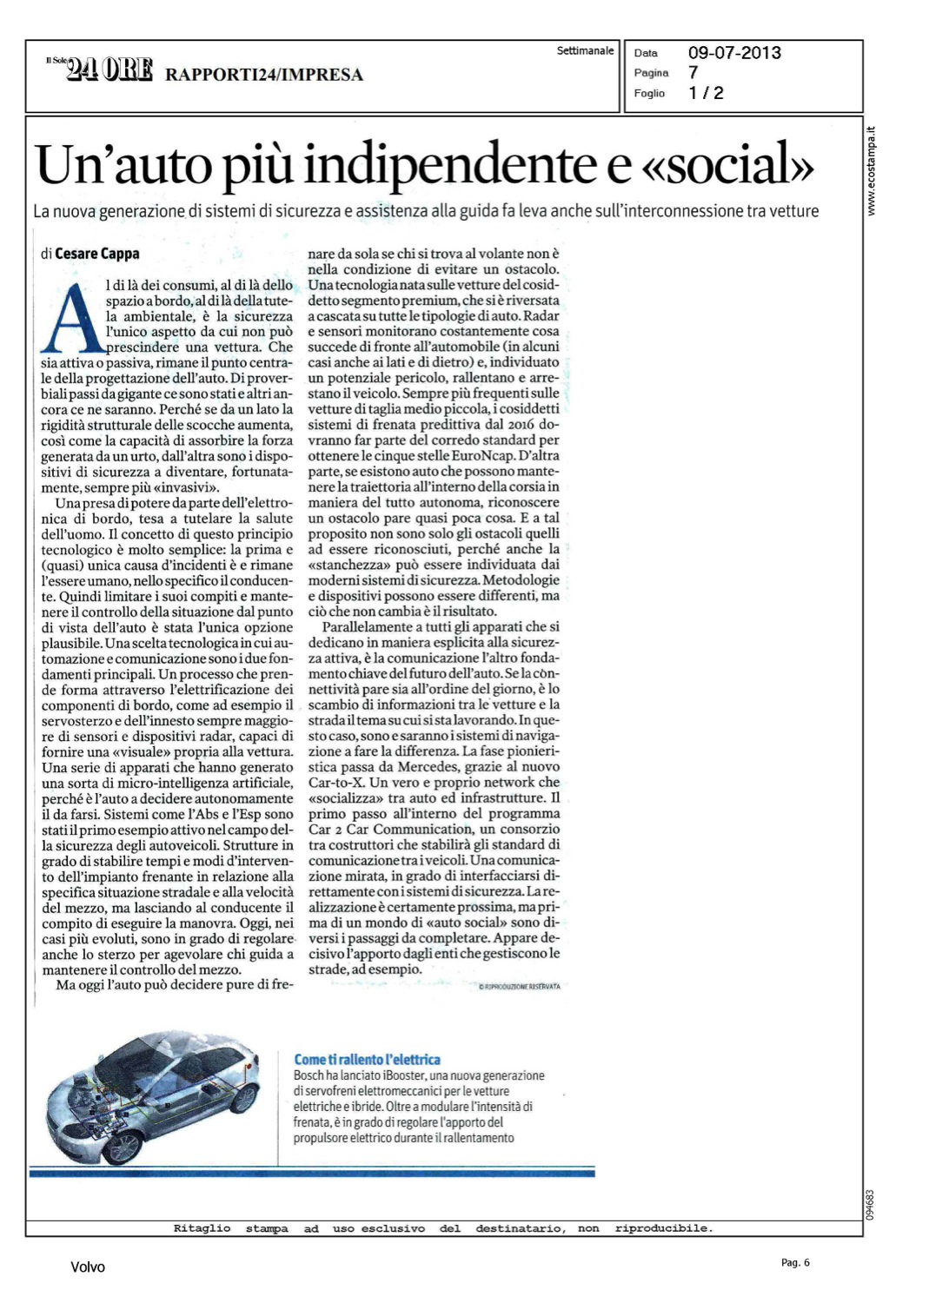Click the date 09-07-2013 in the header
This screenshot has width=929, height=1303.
tap(734, 53)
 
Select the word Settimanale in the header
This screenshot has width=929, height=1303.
tap(585, 51)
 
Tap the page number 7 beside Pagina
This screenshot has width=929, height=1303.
tap(693, 73)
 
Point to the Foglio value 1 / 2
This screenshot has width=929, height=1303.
tap(706, 93)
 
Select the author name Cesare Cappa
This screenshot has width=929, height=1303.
tap(96, 254)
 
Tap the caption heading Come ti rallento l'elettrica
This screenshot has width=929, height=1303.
tap(367, 1060)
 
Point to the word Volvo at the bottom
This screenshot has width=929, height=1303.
tap(88, 1267)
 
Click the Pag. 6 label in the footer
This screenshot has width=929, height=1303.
tap(795, 1263)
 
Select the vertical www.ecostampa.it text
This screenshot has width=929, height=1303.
tap(872, 171)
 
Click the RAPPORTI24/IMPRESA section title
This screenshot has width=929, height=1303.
tap(264, 75)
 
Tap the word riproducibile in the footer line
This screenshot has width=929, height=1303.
tap(663, 1228)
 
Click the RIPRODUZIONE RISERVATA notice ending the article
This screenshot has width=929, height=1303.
tap(520, 987)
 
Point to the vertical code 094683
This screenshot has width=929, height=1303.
tap(870, 1205)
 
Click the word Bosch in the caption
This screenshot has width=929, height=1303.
tap(309, 1076)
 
